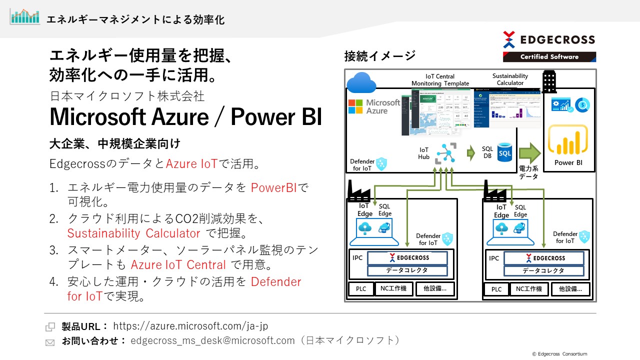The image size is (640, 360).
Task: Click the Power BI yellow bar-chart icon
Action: coord(567,140)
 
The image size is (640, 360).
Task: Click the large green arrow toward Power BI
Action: coord(529,153)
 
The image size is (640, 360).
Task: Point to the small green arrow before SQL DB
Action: coord(470,153)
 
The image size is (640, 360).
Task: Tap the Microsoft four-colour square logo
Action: coord(355,106)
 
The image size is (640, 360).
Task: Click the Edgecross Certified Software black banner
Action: coord(549,56)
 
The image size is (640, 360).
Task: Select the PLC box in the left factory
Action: coord(361,289)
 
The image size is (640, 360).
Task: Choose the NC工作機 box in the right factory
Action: coord(529,289)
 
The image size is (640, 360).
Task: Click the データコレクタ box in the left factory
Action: coord(407,270)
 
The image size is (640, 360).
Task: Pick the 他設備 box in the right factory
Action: coord(570,289)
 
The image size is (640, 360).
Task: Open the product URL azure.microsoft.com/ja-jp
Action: coord(190,326)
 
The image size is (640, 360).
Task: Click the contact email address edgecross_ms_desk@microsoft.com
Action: coord(212,340)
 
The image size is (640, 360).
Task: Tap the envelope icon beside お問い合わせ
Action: coord(50,342)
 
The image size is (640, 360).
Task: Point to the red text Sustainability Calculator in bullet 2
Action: coord(133,233)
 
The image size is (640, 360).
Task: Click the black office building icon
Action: coord(549,81)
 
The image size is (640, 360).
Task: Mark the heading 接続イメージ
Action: coord(379,56)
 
